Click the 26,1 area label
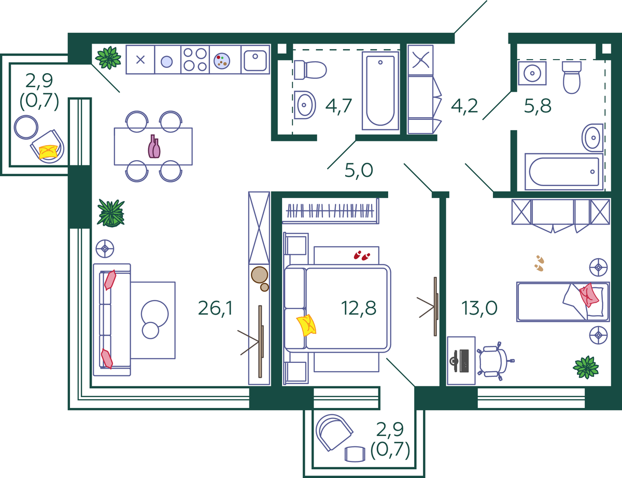coord(215,308)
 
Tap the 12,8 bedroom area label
coord(358,308)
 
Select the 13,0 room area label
coord(479,308)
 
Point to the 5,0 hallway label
coord(359,170)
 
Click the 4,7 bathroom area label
coord(338,106)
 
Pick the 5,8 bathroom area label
coord(538,106)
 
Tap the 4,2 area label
coord(464,106)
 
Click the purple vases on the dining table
coord(154,147)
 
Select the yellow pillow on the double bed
coord(306,326)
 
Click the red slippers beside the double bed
coord(362,255)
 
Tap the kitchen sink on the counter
coord(255,60)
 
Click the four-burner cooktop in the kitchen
coord(195,60)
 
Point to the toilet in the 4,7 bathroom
coord(310,70)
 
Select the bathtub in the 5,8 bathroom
coord(564,172)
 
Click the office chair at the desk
coord(495,361)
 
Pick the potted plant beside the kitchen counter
coord(108,58)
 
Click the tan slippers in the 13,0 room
coord(539,263)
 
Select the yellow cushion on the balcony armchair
coord(48,152)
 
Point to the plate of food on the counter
coord(222,61)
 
